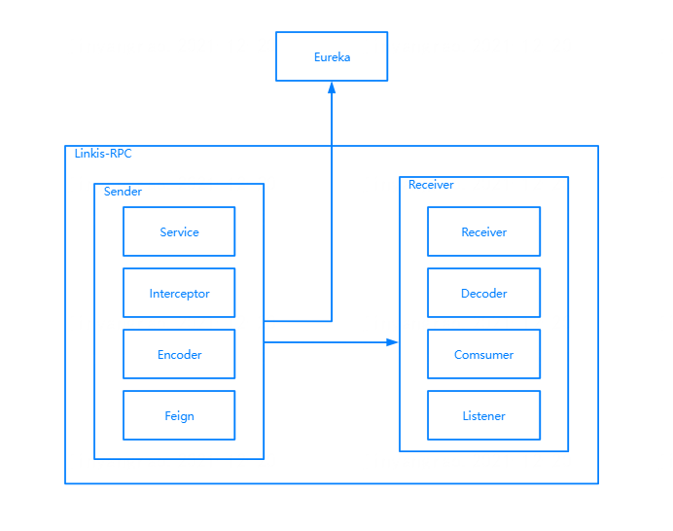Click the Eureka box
332,56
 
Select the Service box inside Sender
179,231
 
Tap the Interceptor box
179,293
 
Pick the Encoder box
179,354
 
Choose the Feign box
179,415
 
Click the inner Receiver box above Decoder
483,231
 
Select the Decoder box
483,293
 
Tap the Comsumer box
483,354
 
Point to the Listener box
483,415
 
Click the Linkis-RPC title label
103,154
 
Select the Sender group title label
123,192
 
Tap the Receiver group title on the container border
431,185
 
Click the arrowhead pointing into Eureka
332,88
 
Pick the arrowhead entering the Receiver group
393,342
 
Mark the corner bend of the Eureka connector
332,320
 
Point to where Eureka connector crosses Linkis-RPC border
332,146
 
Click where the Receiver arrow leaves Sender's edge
265,342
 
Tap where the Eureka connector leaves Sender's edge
265,320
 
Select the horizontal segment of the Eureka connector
298,320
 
